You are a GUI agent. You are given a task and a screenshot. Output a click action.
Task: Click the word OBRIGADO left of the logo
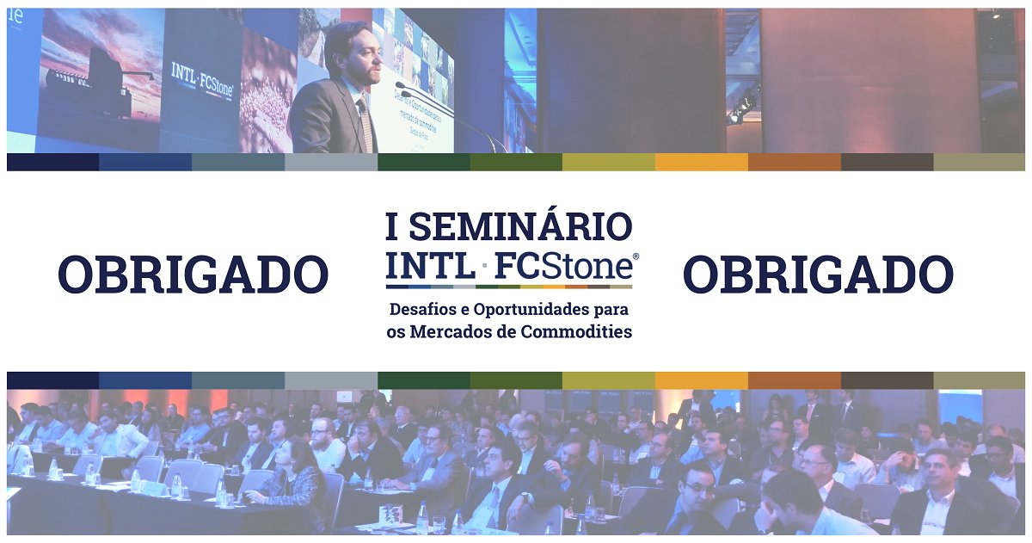pyautogui.click(x=193, y=275)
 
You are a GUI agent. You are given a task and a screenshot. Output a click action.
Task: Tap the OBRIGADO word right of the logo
pyautogui.click(x=818, y=275)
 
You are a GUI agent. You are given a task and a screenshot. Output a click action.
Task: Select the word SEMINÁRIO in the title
pyautogui.click(x=520, y=226)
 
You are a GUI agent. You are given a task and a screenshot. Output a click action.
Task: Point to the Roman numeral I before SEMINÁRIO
pyautogui.click(x=392, y=226)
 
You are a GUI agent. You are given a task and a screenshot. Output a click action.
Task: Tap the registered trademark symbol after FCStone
pyautogui.click(x=636, y=256)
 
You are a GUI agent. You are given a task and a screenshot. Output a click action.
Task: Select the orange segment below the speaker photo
pyautogui.click(x=701, y=162)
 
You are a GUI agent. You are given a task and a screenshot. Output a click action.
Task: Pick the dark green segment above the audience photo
pyautogui.click(x=423, y=380)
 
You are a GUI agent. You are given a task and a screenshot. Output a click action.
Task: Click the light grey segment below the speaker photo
pyautogui.click(x=330, y=162)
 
